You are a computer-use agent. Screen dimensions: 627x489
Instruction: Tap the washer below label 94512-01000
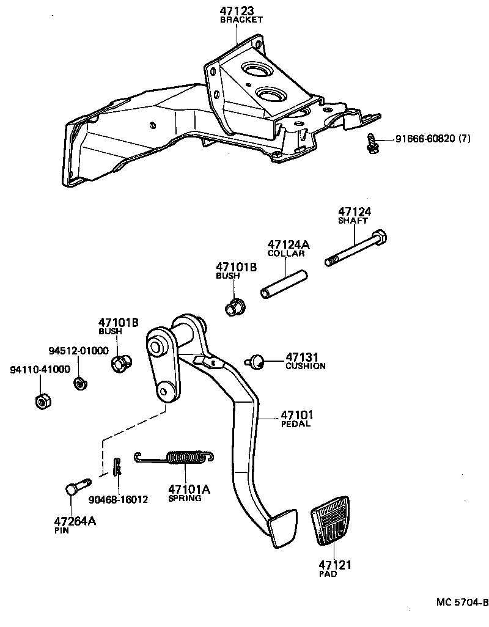[79, 384]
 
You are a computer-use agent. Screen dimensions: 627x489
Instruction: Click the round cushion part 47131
[257, 362]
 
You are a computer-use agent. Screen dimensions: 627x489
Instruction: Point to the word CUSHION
[305, 366]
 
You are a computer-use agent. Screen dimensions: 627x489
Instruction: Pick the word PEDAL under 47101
[296, 424]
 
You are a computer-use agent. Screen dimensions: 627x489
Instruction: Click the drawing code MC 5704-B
[462, 603]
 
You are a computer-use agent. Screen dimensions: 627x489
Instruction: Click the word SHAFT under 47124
[353, 221]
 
